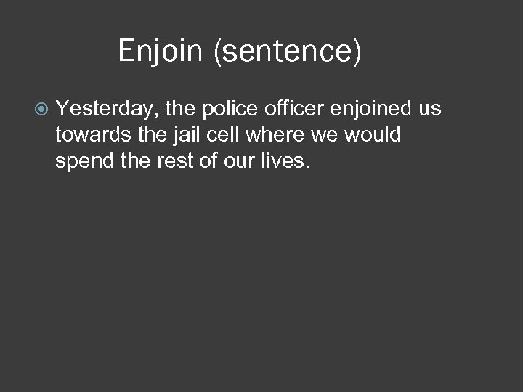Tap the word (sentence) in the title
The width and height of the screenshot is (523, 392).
[x=288, y=52]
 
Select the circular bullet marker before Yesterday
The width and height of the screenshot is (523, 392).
[x=42, y=109]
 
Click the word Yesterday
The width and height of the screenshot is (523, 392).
[x=107, y=109]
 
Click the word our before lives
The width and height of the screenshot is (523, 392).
[x=235, y=161]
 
